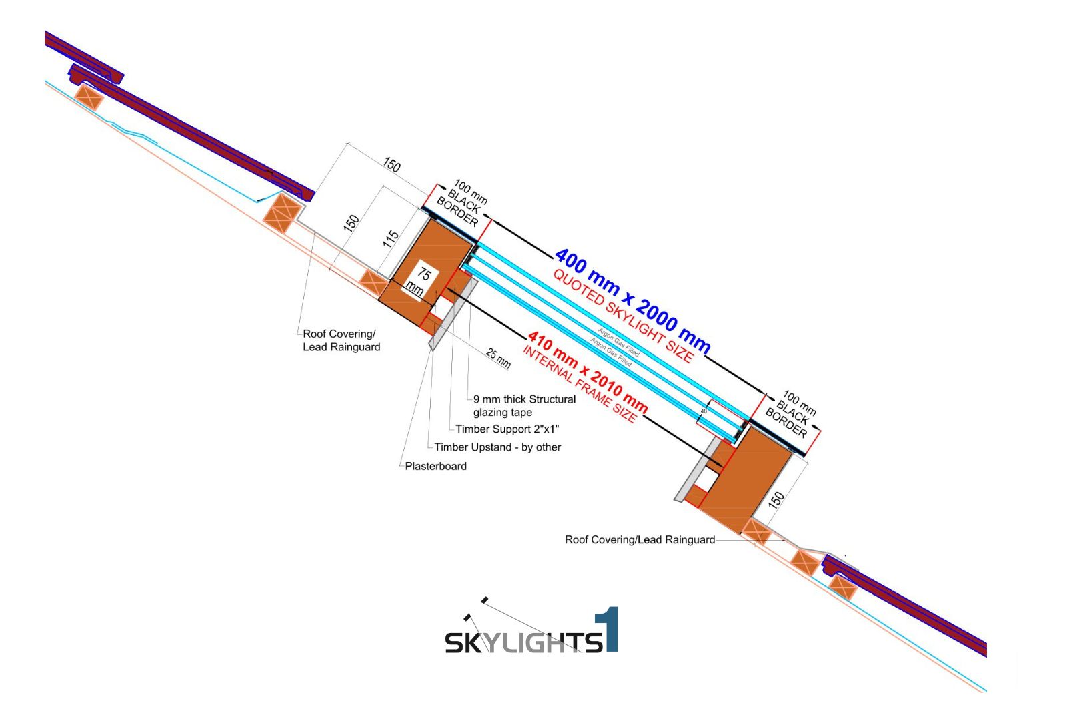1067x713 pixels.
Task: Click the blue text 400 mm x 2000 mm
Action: [632, 301]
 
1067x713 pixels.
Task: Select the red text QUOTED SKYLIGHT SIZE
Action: [623, 315]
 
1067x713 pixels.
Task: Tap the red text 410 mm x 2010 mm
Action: [588, 372]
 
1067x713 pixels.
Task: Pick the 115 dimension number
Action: [391, 238]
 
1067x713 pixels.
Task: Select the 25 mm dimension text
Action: [498, 359]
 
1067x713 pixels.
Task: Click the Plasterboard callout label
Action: [435, 466]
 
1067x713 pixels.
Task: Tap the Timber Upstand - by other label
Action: [497, 447]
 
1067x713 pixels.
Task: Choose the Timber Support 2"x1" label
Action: [507, 429]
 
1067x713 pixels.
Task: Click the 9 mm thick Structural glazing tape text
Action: [524, 406]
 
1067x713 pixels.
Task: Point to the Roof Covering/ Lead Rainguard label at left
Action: [341, 340]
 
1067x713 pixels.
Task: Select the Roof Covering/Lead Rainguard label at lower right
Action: [640, 539]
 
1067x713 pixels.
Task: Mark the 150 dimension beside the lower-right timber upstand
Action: [776, 499]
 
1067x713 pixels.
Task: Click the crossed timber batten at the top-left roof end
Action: [89, 97]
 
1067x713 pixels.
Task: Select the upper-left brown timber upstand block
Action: [427, 267]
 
